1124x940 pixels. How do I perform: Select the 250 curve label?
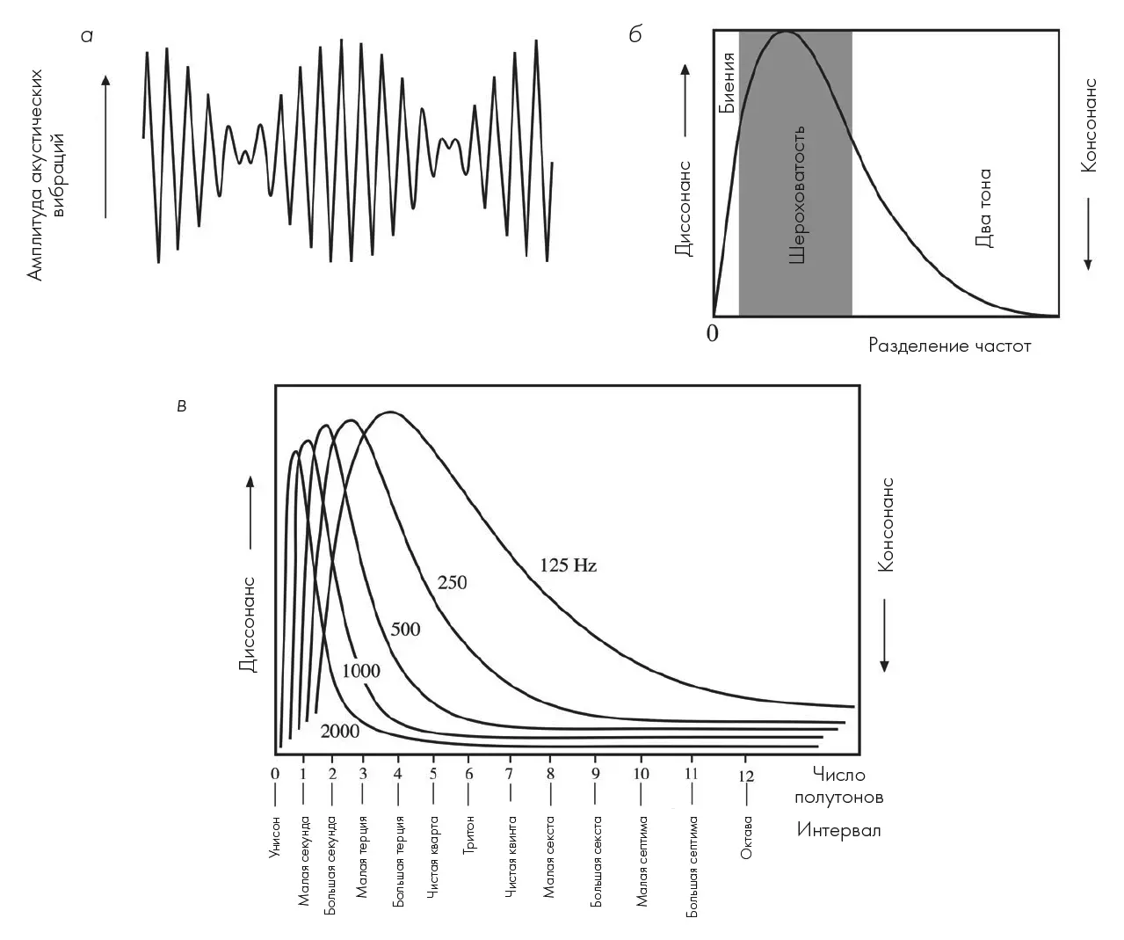click(x=452, y=582)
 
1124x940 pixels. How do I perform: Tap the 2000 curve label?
click(x=339, y=731)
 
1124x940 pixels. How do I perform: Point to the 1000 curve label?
click(x=360, y=672)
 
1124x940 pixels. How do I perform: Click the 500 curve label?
click(x=405, y=630)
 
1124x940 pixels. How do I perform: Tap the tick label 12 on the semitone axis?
click(x=746, y=775)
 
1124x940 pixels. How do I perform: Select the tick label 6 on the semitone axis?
click(x=468, y=775)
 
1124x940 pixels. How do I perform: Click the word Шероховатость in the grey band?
click(x=796, y=195)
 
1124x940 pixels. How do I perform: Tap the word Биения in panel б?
click(x=726, y=83)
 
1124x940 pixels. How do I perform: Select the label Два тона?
click(x=983, y=208)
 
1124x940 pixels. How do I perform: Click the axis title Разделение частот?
click(x=949, y=346)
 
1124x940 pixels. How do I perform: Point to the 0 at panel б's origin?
click(x=712, y=334)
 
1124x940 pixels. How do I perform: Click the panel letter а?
click(x=86, y=36)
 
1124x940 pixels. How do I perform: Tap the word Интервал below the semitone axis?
click(x=838, y=830)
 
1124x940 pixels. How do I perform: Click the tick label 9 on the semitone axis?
click(x=595, y=775)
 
